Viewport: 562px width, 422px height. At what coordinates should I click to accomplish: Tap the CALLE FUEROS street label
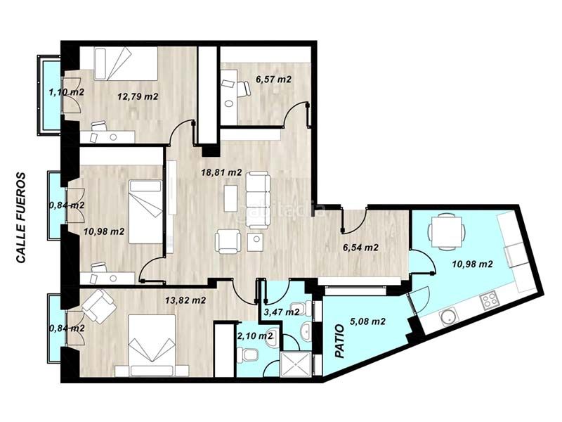[21, 218]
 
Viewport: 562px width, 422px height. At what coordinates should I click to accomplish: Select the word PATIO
[339, 341]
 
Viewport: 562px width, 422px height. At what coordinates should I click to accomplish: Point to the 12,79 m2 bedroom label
[138, 96]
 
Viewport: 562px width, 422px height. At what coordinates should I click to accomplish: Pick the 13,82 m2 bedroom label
[185, 300]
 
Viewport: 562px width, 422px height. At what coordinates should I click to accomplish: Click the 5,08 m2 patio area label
[367, 321]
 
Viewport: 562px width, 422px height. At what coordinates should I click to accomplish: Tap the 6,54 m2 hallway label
[360, 248]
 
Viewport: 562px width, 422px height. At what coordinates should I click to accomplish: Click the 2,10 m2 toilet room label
[255, 336]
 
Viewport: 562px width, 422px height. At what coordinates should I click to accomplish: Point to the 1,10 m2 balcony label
[66, 92]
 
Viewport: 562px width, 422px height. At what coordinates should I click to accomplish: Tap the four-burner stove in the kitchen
[489, 300]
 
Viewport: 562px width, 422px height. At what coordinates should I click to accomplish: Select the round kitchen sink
[448, 317]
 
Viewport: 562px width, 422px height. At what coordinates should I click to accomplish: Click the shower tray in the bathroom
[296, 364]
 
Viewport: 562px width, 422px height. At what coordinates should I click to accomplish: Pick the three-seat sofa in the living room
[258, 200]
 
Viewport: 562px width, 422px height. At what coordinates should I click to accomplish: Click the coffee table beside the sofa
[231, 198]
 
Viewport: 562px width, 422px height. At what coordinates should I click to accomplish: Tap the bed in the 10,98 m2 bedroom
[145, 212]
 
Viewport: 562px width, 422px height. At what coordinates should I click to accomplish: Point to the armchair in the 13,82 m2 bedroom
[99, 306]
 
